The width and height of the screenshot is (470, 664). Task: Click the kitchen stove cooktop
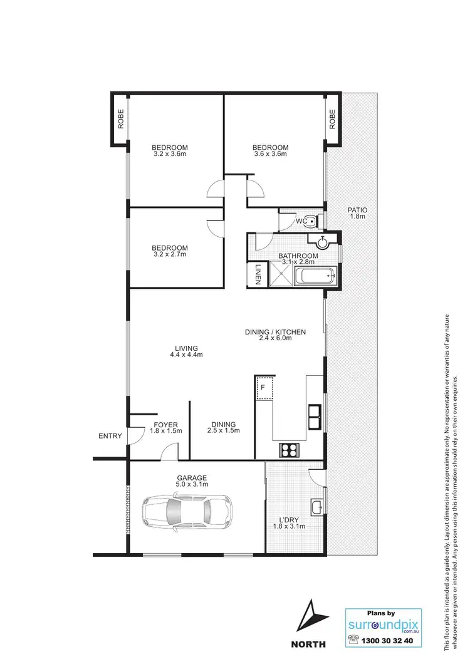289,449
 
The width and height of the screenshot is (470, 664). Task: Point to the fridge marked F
264,387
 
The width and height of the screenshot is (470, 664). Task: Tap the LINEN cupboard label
257,274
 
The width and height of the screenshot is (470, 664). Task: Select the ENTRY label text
110,436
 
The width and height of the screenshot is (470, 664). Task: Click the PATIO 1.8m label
358,213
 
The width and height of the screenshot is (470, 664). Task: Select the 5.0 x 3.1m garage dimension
192,484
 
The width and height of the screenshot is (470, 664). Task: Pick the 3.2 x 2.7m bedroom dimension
169,254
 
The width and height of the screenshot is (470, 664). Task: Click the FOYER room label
166,425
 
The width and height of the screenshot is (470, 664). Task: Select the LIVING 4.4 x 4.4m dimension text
186,355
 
